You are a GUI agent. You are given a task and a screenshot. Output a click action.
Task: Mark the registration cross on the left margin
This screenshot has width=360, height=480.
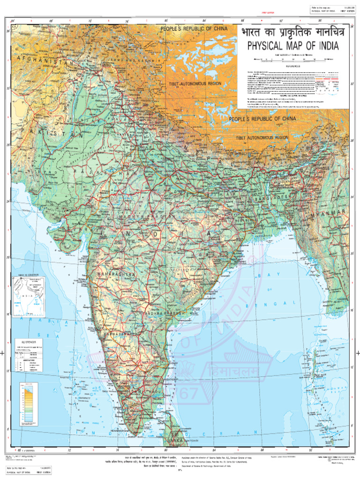[3, 353]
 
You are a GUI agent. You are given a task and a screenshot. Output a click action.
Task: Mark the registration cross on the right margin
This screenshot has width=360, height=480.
[357, 353]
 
